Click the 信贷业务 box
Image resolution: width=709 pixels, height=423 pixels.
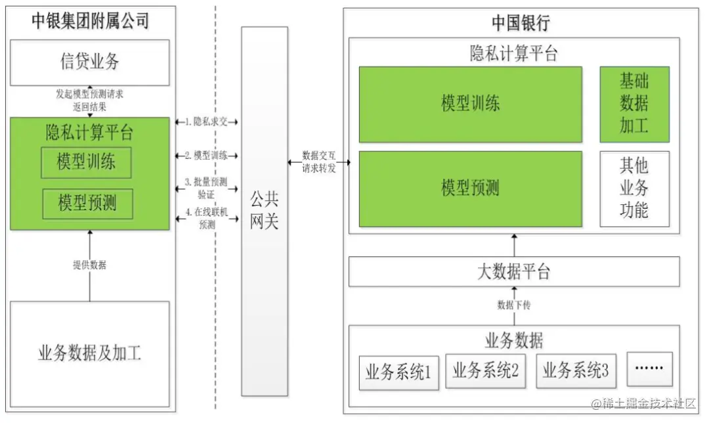pos(90,62)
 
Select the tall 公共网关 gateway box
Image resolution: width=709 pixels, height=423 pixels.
pos(264,212)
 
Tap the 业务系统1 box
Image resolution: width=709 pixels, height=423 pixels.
pos(398,373)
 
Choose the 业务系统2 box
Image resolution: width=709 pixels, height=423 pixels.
pos(485,371)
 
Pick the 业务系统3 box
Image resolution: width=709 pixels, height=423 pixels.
pos(575,371)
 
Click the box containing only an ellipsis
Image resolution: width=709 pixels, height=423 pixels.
pos(649,369)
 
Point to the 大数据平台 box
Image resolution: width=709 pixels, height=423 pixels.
pos(513,271)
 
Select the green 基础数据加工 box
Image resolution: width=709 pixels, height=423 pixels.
pos(634,104)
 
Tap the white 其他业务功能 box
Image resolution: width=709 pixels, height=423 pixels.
pos(634,189)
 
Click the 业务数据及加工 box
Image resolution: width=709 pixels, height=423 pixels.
pos(90,355)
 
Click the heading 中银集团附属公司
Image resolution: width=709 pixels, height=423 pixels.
pos(91,20)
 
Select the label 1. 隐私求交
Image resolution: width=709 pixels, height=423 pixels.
pos(206,122)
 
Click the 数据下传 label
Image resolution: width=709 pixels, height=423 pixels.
pos(513,305)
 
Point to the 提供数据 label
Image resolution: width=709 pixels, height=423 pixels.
pos(90,265)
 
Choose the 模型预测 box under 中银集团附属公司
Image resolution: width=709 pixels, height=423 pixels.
pos(87,204)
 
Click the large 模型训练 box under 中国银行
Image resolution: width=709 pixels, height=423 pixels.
pos(470,104)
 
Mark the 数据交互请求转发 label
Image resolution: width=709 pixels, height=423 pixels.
pos(319,162)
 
